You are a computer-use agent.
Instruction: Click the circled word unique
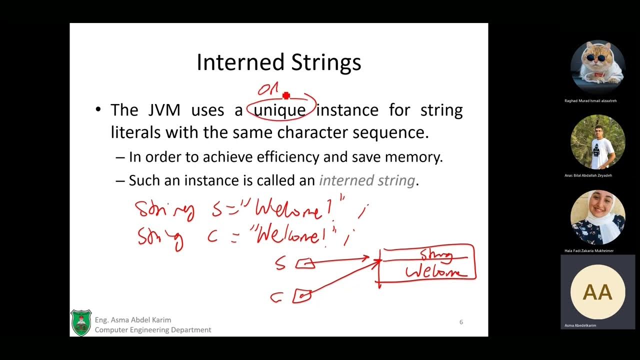(x=279, y=110)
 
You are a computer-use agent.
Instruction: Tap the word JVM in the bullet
(x=164, y=110)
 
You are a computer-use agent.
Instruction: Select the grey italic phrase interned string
(x=366, y=180)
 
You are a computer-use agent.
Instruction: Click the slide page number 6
(x=461, y=322)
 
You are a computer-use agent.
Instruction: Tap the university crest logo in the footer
(x=81, y=322)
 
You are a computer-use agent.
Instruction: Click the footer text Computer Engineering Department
(x=153, y=330)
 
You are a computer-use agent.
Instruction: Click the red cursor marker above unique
(x=286, y=95)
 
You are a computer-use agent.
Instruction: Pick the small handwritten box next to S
(x=305, y=263)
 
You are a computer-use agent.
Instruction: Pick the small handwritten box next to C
(x=302, y=296)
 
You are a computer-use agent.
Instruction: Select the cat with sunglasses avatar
(x=597, y=67)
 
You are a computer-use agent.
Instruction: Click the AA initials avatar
(x=597, y=292)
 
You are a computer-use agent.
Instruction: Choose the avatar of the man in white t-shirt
(x=597, y=142)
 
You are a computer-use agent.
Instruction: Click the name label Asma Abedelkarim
(x=580, y=325)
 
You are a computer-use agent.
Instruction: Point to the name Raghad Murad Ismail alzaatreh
(x=590, y=100)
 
